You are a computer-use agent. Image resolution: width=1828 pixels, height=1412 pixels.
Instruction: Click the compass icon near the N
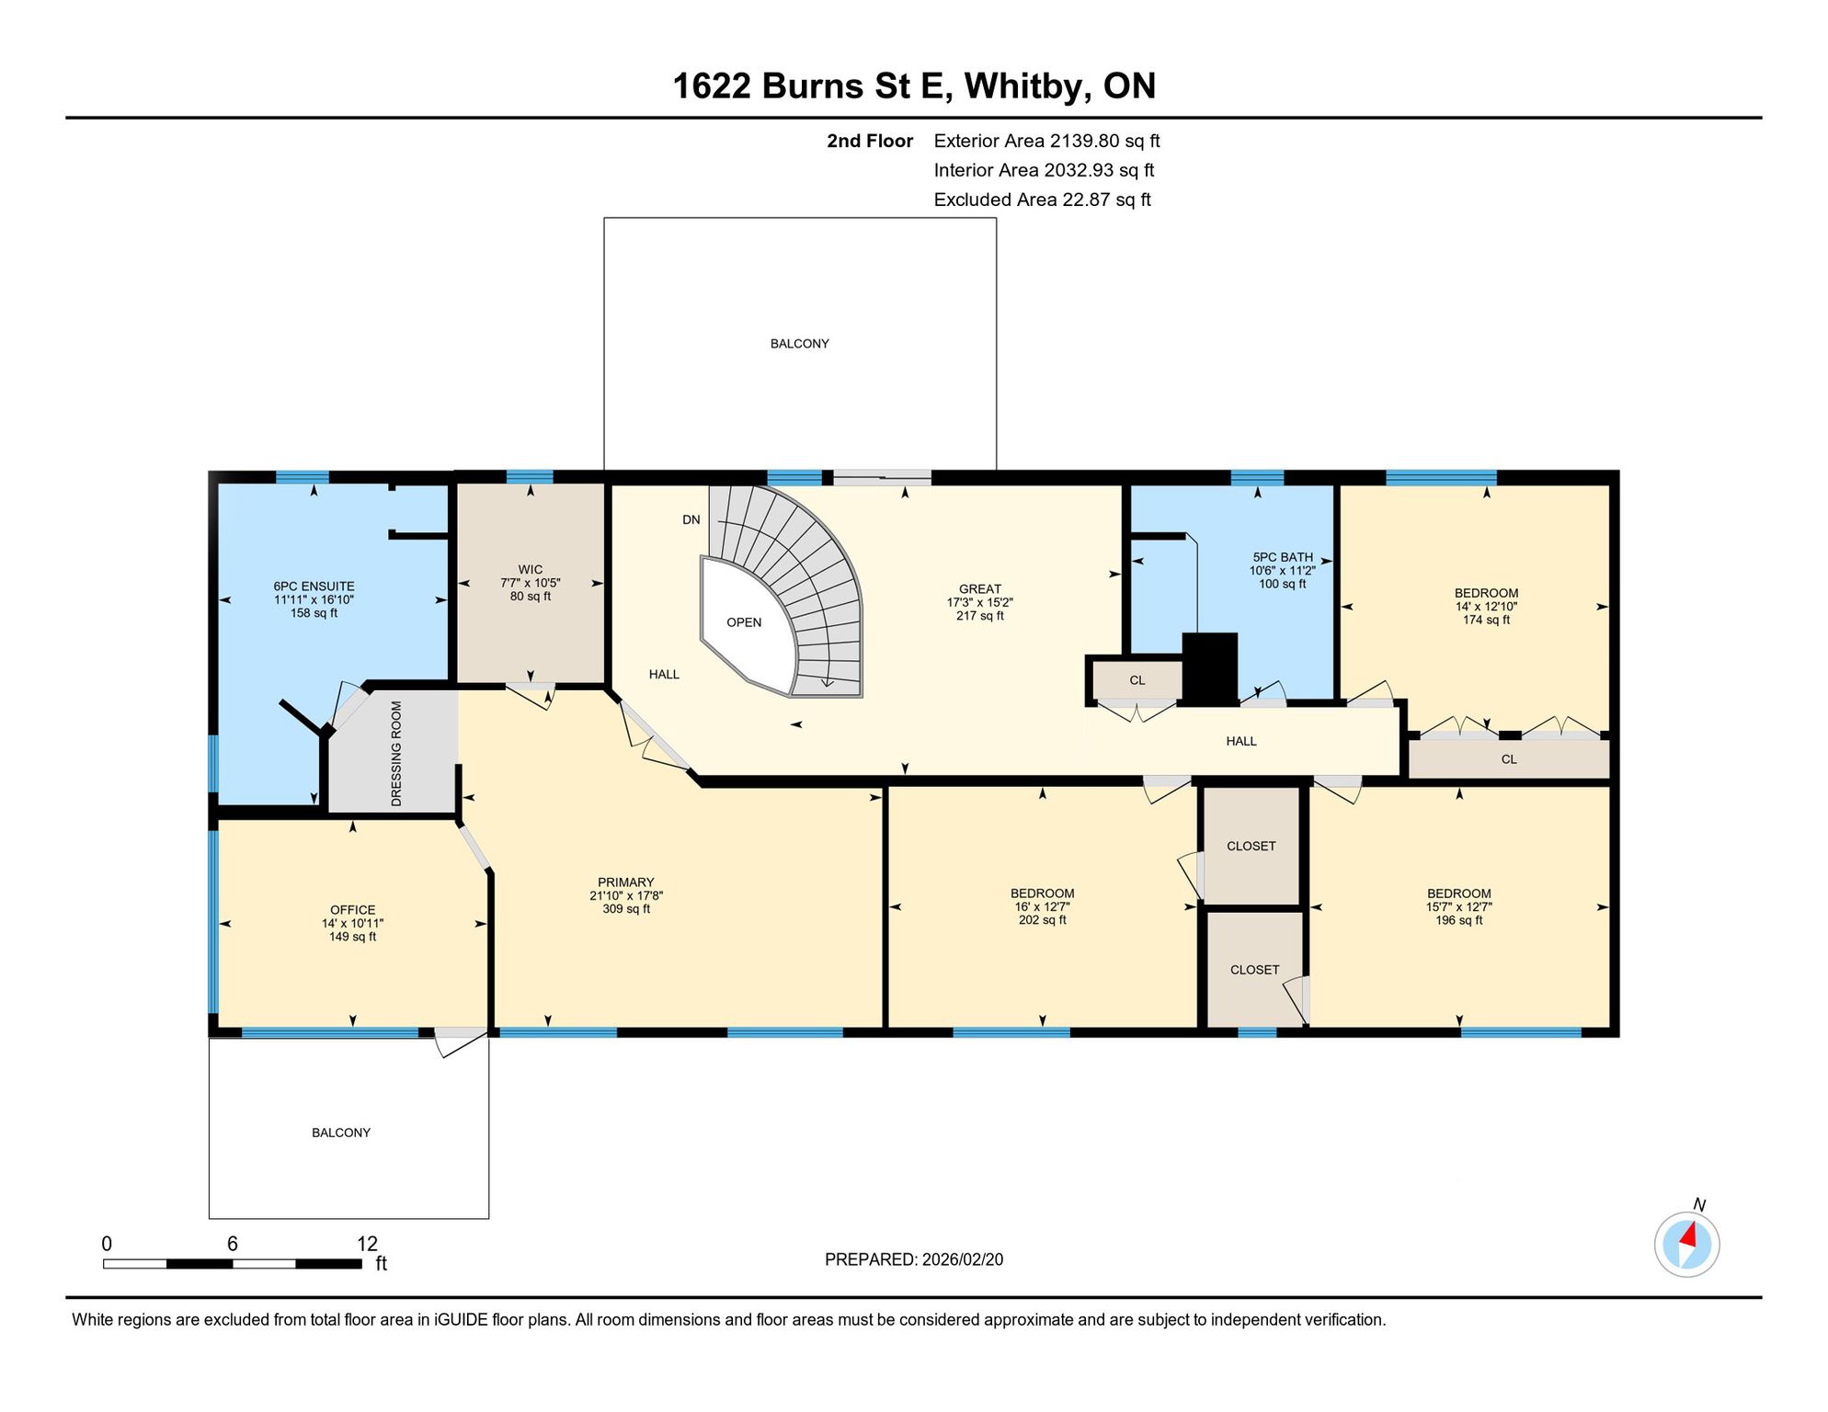click(x=1686, y=1245)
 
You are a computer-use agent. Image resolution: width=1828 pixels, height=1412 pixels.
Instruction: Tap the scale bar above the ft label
click(x=232, y=1264)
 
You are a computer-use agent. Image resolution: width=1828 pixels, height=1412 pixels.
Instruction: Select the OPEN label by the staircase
click(x=744, y=622)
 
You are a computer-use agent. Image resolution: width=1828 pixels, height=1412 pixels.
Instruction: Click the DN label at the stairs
click(x=691, y=519)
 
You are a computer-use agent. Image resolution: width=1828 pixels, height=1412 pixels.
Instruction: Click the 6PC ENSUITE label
click(x=314, y=586)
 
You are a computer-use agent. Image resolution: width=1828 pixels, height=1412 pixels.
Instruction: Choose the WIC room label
click(x=531, y=570)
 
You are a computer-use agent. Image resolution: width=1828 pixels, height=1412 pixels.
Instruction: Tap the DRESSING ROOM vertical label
click(x=396, y=754)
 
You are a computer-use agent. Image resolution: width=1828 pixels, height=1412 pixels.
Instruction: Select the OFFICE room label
click(x=353, y=910)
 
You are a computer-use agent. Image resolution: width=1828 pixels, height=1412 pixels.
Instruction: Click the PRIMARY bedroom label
click(x=626, y=882)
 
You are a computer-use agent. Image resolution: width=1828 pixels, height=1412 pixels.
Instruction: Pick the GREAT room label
click(x=980, y=589)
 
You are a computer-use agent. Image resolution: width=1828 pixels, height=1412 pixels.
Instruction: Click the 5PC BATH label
click(x=1283, y=557)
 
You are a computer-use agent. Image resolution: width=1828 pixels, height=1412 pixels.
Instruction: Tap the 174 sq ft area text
click(x=1487, y=621)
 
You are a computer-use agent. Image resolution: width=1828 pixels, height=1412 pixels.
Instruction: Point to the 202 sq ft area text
click(x=1043, y=920)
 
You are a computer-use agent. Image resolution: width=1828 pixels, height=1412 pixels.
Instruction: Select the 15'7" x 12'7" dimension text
click(x=1459, y=907)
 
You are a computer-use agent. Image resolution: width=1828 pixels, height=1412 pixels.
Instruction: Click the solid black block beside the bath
click(x=1209, y=669)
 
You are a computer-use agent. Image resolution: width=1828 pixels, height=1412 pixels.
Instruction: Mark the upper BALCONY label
click(x=800, y=344)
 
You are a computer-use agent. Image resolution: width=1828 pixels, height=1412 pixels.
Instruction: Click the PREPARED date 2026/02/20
click(x=958, y=1259)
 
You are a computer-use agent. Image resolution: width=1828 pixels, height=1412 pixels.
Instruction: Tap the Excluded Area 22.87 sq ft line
click(x=1043, y=200)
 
